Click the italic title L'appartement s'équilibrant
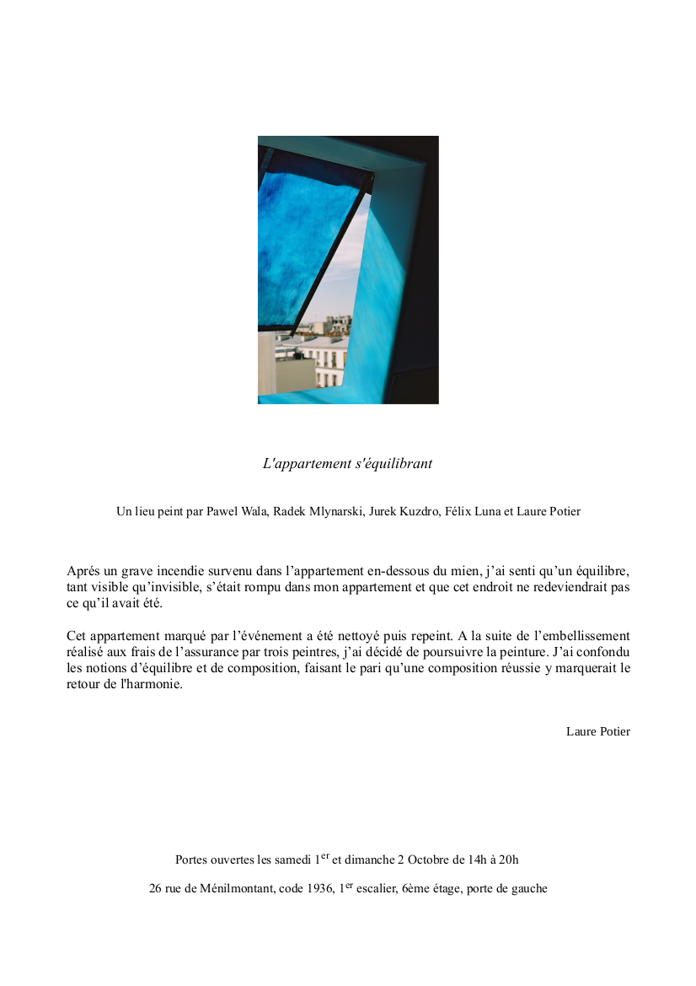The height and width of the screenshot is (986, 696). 348,464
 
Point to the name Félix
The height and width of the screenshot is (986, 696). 457,511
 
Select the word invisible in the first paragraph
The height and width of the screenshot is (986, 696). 169,587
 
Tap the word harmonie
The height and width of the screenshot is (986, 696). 152,685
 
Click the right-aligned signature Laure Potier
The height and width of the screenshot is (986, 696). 597,732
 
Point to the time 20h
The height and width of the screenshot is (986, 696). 508,860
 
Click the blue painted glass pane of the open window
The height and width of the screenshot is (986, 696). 303,245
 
